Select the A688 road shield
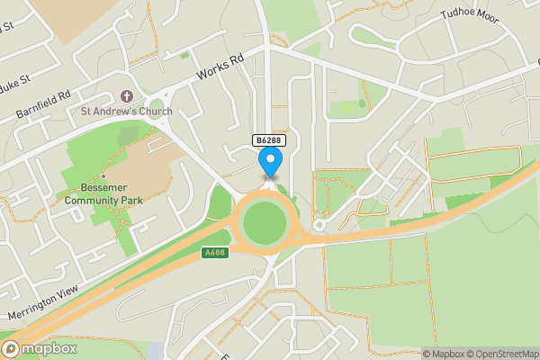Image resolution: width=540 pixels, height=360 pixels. (x=213, y=253)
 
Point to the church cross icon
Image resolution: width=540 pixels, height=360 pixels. (x=125, y=96)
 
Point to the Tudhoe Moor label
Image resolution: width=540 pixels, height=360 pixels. (x=469, y=16)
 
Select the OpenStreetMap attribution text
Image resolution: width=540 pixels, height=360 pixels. (x=502, y=353)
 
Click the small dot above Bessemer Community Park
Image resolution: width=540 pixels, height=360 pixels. (x=103, y=176)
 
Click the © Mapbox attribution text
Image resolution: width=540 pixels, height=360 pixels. (x=442, y=353)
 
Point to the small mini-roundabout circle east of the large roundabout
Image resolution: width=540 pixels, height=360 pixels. (x=318, y=225)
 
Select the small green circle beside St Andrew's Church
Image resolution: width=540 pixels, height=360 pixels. (x=159, y=103)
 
